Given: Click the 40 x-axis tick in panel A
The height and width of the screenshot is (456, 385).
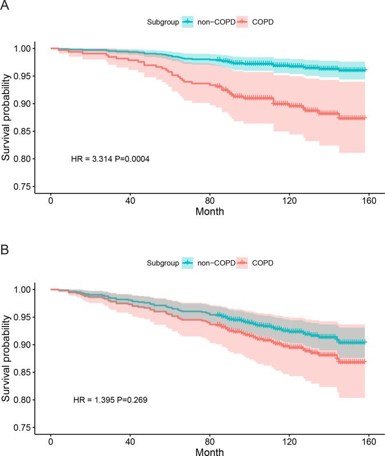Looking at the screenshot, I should click(x=130, y=201).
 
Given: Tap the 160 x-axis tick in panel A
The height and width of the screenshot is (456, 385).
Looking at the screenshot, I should click(x=368, y=201).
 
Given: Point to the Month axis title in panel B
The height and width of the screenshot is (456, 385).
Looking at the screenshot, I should click(x=209, y=452).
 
